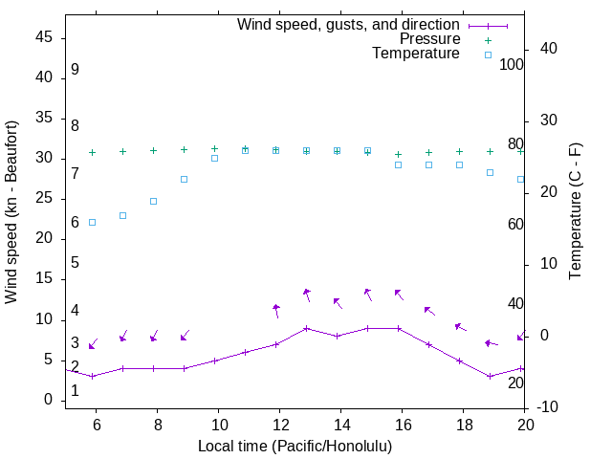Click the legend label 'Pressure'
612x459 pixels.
coord(429,39)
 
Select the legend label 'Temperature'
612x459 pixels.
coord(416,54)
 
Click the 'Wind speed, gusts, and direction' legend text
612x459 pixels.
coord(349,25)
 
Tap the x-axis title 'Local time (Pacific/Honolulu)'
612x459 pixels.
coord(295,447)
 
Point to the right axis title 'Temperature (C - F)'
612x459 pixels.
coord(575,212)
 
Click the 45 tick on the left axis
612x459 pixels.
coord(43,37)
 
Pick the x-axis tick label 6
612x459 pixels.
coord(96,425)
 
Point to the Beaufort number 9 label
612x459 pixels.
coord(75,70)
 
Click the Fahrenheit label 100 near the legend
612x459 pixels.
coord(512,65)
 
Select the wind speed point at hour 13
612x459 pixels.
coord(306,328)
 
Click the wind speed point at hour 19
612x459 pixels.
coord(490,376)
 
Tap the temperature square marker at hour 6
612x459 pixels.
coord(92,222)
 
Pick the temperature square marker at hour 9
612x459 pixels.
coord(184,179)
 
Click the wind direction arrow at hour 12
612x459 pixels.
coord(276,311)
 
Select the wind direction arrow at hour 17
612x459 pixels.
coord(429,311)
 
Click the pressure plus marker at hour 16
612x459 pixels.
coord(398,154)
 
